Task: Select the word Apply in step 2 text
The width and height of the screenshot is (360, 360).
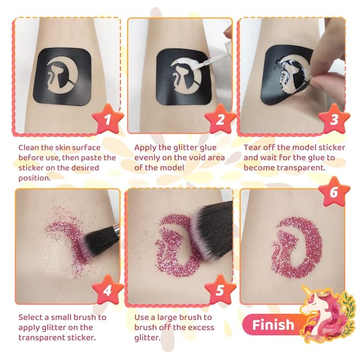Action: [147, 147]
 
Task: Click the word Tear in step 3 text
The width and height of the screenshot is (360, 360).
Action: [253, 147]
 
